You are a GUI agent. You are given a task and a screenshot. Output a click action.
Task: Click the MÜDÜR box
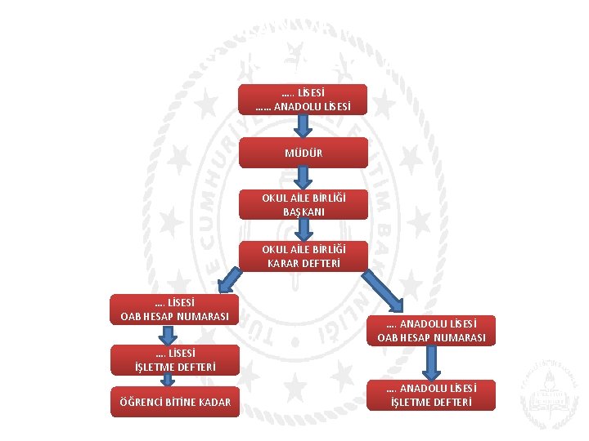pyautogui.click(x=303, y=153)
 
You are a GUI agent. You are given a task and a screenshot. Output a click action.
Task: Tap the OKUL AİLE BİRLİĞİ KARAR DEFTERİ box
pyautogui.click(x=303, y=256)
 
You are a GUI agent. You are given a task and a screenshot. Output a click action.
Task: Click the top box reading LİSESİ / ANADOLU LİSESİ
pyautogui.click(x=303, y=100)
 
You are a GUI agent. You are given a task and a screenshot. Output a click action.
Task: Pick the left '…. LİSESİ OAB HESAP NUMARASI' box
pyautogui.click(x=174, y=310)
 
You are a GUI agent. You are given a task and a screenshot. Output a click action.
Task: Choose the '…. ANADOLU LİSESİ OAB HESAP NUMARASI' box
pyautogui.click(x=432, y=331)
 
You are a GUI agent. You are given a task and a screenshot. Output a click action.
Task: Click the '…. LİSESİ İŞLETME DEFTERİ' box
pyautogui.click(x=174, y=360)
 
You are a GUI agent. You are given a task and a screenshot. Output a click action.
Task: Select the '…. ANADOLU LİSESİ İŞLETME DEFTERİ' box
pyautogui.click(x=432, y=394)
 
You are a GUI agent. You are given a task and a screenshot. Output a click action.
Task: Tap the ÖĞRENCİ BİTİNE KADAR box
pyautogui.click(x=174, y=402)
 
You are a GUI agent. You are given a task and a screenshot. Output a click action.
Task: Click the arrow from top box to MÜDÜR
pyautogui.click(x=303, y=126)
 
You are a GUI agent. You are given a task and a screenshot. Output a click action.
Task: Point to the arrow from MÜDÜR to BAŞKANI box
pyautogui.click(x=303, y=178)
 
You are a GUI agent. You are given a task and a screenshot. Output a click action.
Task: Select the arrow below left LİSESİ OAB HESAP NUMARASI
pyautogui.click(x=168, y=336)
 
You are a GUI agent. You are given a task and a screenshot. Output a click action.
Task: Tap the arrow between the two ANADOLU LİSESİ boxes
pyautogui.click(x=432, y=363)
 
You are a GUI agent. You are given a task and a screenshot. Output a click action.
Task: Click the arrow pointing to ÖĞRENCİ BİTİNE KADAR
pyautogui.click(x=168, y=380)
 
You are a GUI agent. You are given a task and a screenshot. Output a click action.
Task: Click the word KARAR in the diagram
pyautogui.click(x=286, y=263)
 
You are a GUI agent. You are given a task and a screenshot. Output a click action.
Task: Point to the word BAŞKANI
pyautogui.click(x=303, y=212)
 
